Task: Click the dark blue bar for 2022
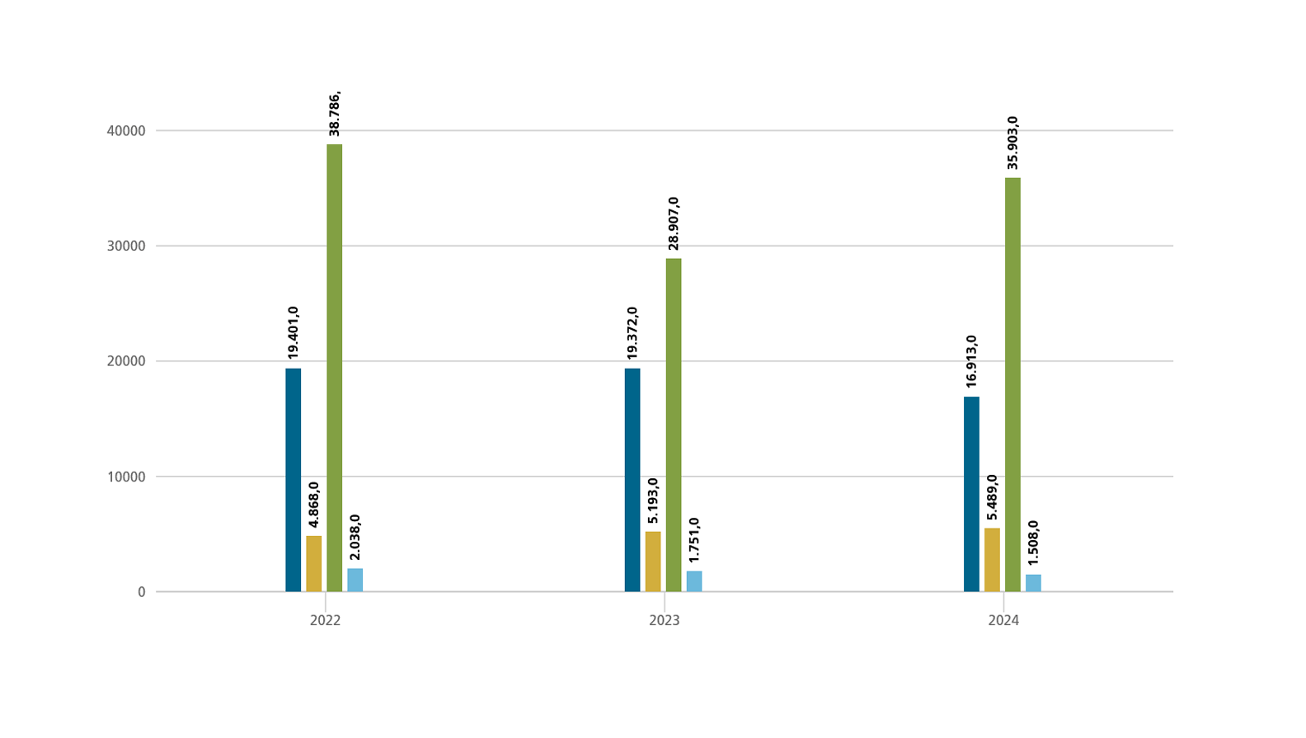click(x=293, y=480)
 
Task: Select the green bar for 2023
click(x=674, y=425)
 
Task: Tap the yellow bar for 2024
click(x=992, y=560)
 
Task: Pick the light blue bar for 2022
click(x=355, y=580)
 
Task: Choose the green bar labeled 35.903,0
click(x=1012, y=384)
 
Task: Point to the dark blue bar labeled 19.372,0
click(x=632, y=480)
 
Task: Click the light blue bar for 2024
click(x=1033, y=583)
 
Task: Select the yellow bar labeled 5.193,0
click(x=653, y=562)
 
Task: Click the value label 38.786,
click(x=335, y=115)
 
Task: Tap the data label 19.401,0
click(x=294, y=332)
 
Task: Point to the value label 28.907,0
click(x=674, y=223)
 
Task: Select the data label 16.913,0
click(x=972, y=361)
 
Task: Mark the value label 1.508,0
click(x=1033, y=543)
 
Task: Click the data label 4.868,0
click(x=314, y=505)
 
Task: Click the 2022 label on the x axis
click(x=325, y=620)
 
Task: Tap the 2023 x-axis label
click(x=665, y=620)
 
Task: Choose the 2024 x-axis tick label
click(x=1003, y=620)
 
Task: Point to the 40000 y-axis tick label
click(x=126, y=131)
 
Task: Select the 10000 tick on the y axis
click(x=126, y=477)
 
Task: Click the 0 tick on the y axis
click(x=142, y=592)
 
